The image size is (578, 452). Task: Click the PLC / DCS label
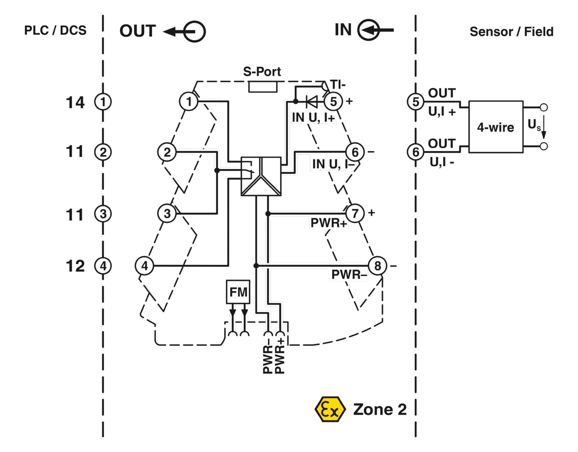coord(55,30)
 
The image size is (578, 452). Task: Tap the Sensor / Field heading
coord(511,32)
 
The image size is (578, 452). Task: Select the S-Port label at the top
coord(262,72)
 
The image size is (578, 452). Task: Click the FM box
coord(238,292)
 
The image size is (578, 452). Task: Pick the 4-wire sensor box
coord(496,127)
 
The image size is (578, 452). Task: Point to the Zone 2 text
coord(380,410)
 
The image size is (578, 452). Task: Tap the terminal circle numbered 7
coord(355,213)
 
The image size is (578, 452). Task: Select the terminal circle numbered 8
coord(377,266)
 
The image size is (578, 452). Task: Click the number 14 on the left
coord(75,102)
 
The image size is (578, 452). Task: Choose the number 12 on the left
coord(75,266)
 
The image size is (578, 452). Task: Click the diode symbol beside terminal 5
coord(311,102)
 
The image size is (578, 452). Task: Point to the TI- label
coord(338,84)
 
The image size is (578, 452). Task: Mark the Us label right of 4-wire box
coord(534,125)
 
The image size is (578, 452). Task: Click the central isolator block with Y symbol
coord(261,176)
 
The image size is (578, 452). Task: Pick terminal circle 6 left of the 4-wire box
coord(415,152)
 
